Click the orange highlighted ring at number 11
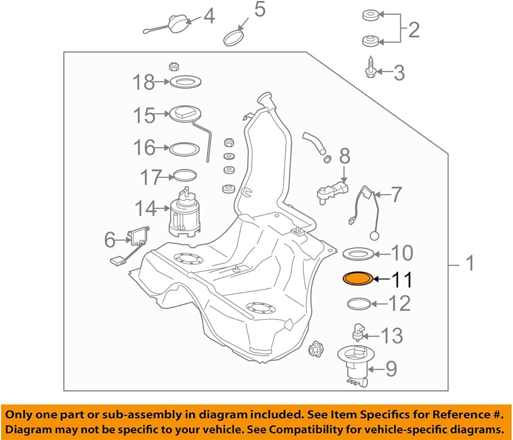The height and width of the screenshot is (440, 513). (x=358, y=279)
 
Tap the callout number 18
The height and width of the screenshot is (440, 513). (x=144, y=82)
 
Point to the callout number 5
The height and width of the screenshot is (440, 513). (x=260, y=10)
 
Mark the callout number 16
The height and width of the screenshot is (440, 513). (x=144, y=148)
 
